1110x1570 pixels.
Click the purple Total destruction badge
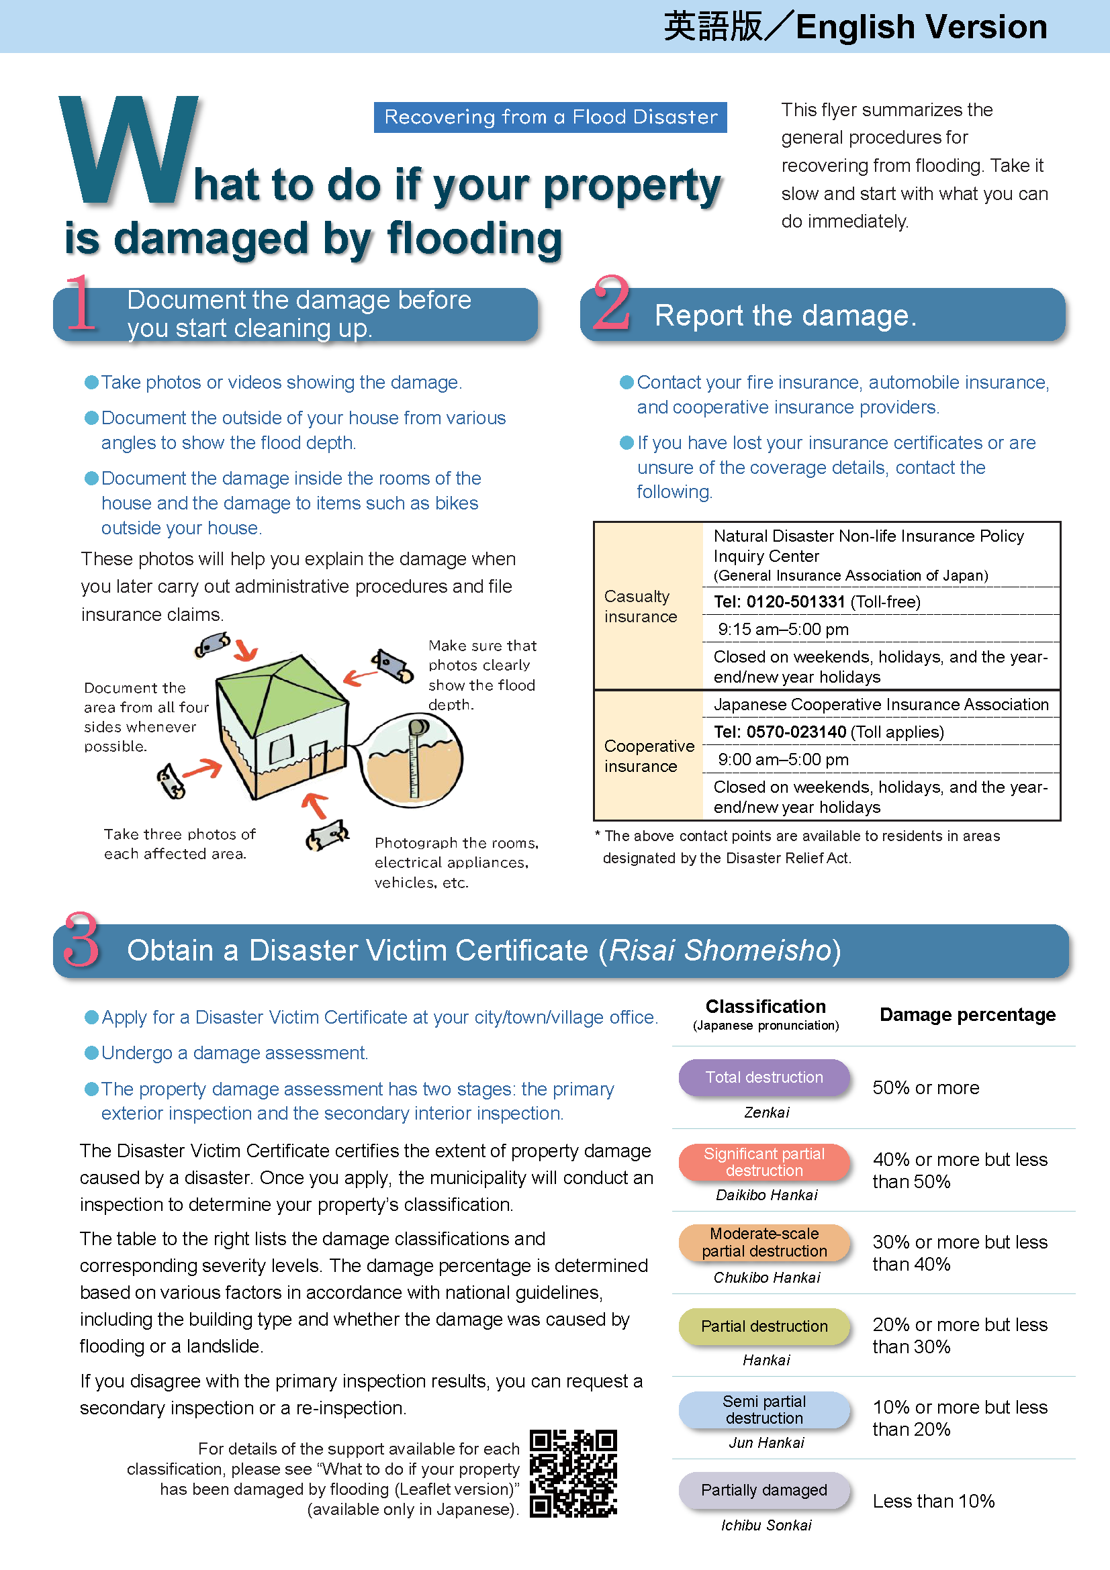coord(764,1077)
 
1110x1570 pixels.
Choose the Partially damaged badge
coord(764,1489)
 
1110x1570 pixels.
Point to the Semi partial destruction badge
coord(764,1410)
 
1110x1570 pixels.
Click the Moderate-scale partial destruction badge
coord(764,1242)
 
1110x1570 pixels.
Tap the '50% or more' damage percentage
coord(925,1088)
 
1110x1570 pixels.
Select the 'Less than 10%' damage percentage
coord(933,1501)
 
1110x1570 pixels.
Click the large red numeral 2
coord(612,303)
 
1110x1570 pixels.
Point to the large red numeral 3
coord(81,940)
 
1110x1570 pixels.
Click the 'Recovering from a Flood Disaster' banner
coord(550,117)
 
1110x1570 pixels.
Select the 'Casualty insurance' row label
coord(640,606)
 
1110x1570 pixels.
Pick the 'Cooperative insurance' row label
coord(649,756)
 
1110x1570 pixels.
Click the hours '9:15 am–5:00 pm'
coord(783,629)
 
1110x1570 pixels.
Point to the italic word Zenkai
coord(766,1112)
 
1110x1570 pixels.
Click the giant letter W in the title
coord(128,150)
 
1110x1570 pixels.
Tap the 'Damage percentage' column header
coord(967,1015)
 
